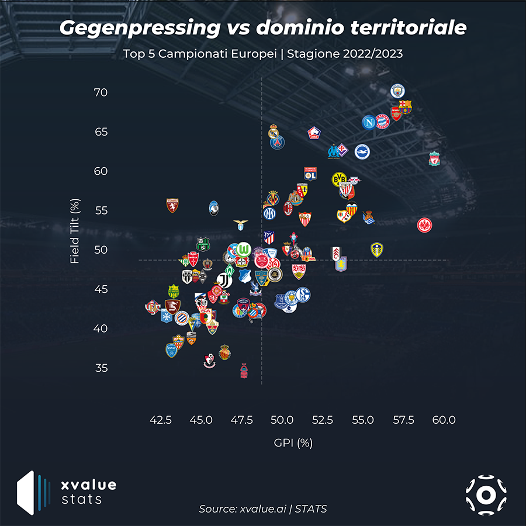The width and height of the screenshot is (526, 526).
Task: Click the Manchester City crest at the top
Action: [x=397, y=91]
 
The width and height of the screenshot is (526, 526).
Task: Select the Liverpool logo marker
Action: [x=434, y=158]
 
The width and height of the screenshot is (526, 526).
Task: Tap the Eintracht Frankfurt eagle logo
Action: [x=425, y=224]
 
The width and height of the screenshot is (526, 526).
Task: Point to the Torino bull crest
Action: [x=172, y=205]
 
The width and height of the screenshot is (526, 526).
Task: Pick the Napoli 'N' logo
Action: [x=368, y=122]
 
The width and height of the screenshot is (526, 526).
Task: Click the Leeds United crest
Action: [x=377, y=250]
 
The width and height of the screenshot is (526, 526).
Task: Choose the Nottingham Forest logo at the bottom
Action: [x=244, y=371]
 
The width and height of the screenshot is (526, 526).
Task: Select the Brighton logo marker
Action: [x=362, y=152]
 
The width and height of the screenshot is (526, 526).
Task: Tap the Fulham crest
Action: [x=337, y=252]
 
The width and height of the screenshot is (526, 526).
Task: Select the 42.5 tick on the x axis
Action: [x=161, y=420]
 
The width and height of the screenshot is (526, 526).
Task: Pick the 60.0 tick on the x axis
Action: [x=444, y=420]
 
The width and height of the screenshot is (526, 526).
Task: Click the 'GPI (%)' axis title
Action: [x=293, y=443]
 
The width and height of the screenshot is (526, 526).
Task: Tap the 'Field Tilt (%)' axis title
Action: [x=75, y=231]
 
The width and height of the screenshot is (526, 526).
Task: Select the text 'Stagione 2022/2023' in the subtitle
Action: [x=352, y=54]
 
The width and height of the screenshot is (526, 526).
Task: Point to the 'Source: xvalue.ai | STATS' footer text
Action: [x=263, y=509]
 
